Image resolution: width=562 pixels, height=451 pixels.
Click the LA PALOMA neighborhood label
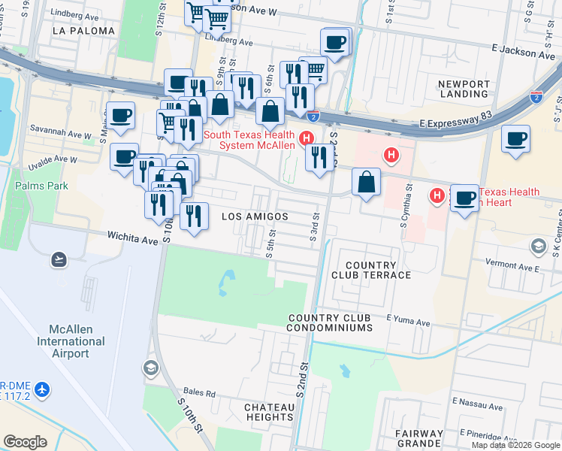pos(84,31)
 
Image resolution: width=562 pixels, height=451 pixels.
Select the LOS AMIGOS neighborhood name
pos(255,216)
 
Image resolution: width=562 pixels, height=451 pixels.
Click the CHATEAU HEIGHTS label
pos(269,412)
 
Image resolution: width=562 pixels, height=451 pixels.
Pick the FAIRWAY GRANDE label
pos(421,439)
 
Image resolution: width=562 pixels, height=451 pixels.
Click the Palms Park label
pos(41,186)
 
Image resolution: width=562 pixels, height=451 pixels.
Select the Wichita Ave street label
pos(133,239)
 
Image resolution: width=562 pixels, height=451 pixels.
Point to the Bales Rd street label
pos(199,393)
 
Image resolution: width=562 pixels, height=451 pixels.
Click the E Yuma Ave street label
pos(408,323)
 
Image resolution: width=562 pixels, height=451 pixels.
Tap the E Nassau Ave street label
pos(476,404)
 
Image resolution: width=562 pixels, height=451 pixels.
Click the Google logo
pos(25,442)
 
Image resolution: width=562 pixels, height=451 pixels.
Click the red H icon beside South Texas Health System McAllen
pos(306,138)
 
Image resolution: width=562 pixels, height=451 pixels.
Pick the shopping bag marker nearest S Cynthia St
pos(365,183)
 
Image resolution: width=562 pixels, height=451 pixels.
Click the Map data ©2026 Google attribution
pos(515,445)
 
